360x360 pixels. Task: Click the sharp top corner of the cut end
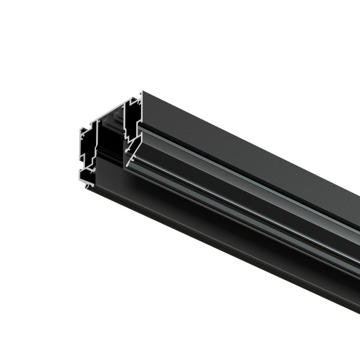(x=142, y=92)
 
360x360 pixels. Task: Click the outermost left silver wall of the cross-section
(x=81, y=150)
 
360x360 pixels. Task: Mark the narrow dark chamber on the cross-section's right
(x=133, y=120)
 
